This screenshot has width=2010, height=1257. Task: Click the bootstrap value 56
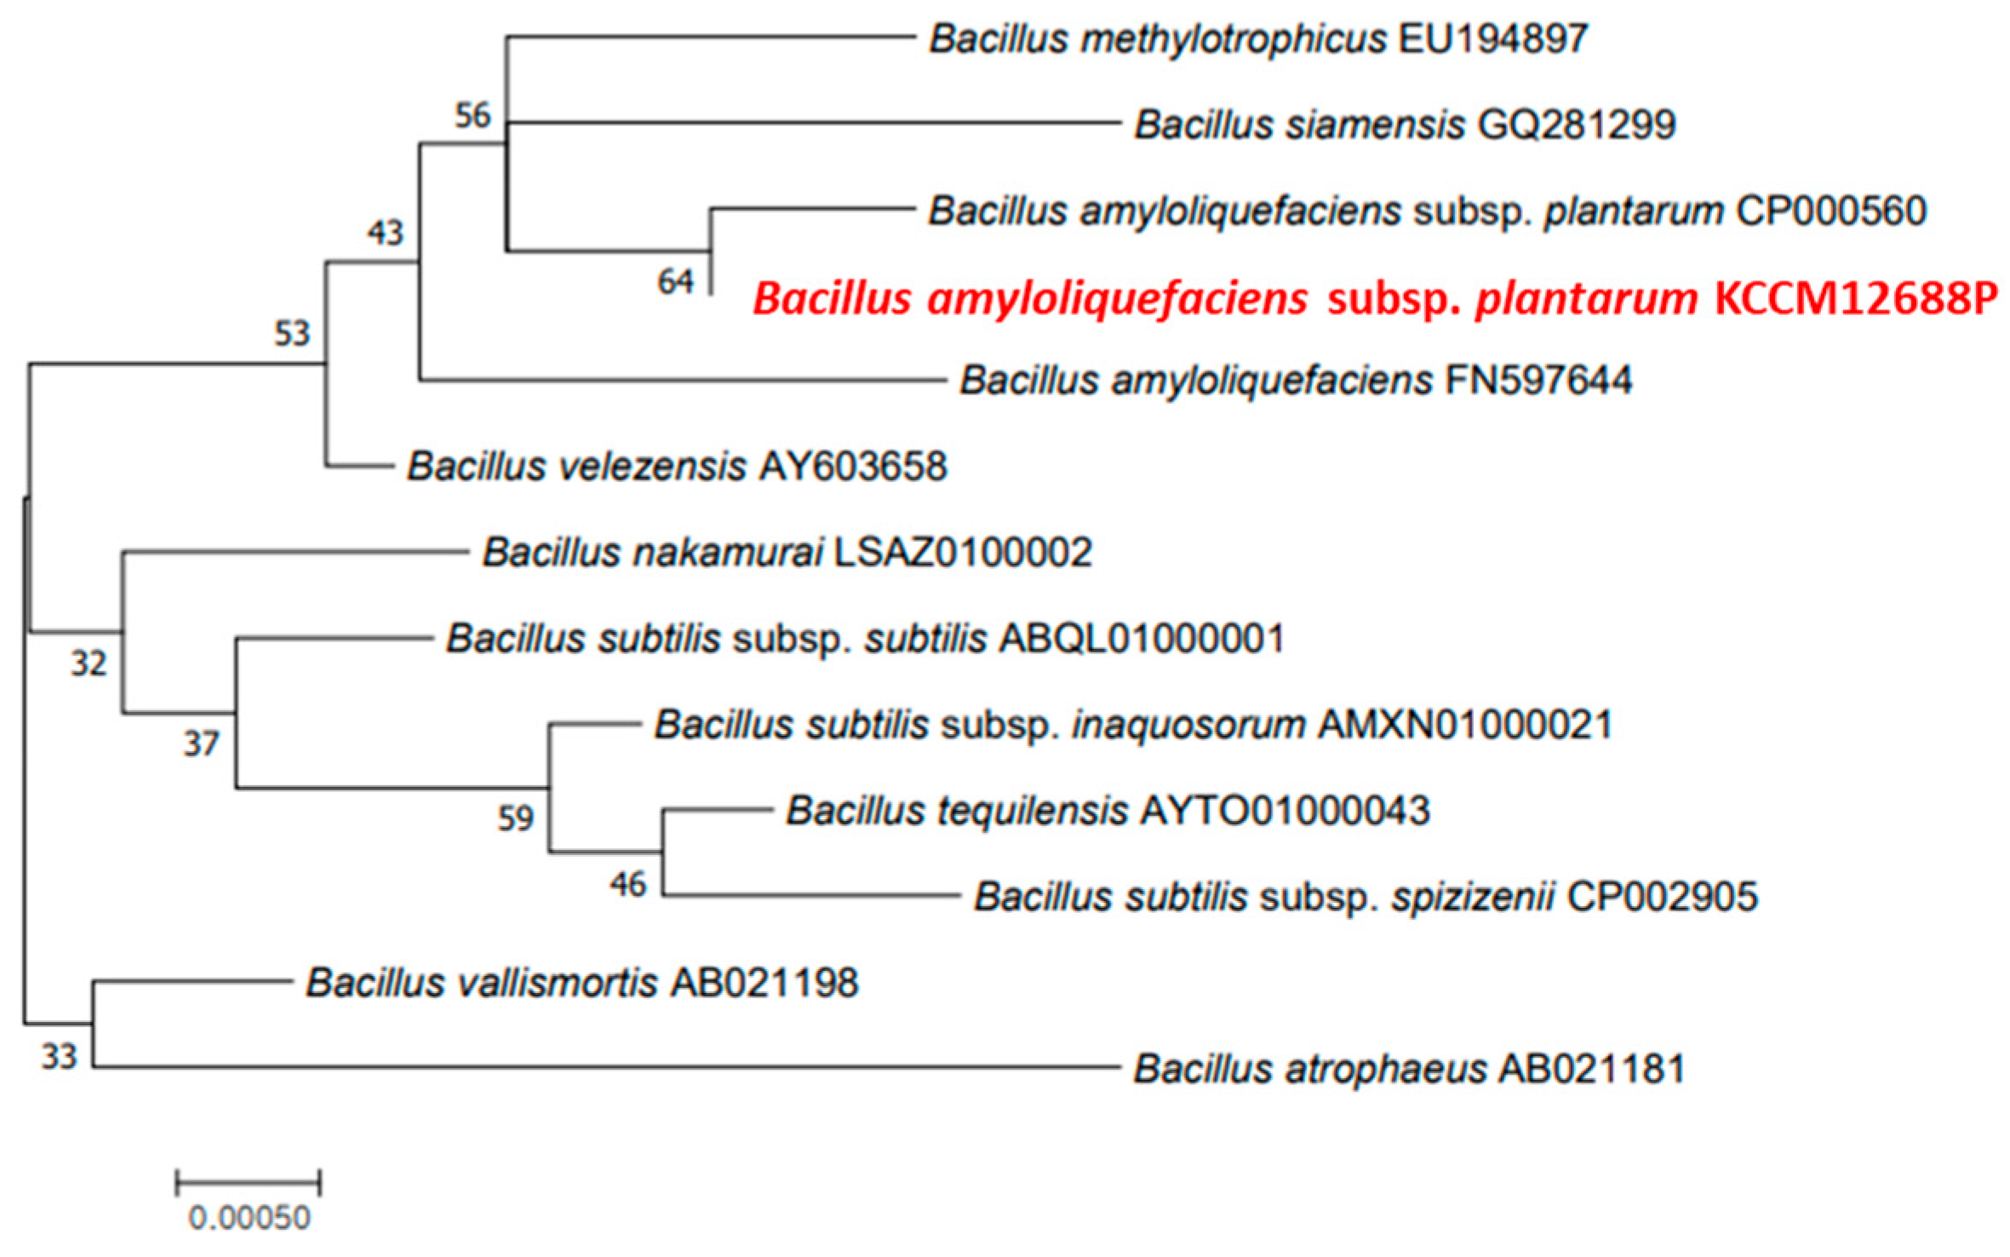coord(472,115)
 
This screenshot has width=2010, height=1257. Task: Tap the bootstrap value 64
coord(675,282)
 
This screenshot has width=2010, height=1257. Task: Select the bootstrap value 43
coord(385,232)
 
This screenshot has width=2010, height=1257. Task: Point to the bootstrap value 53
coord(291,333)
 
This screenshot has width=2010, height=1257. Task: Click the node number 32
coord(89,663)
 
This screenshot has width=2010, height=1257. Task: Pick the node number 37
coord(201,745)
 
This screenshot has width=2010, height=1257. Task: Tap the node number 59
coord(515,818)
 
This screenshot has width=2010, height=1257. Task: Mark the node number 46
coord(627,885)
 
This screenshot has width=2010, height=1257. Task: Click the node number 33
coord(60,1057)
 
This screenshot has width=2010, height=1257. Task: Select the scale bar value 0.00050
coord(249,1219)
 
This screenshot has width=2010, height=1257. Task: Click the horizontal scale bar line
coord(248,1183)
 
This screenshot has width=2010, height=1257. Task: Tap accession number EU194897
coord(1492,39)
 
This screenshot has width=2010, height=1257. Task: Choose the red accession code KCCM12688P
coord(1856,299)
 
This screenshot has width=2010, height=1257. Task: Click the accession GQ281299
coord(1577,125)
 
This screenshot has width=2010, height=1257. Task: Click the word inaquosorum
coord(1188,725)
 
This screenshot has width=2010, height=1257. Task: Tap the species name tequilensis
coord(1033,811)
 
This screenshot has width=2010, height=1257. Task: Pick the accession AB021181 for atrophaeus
coord(1591,1069)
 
